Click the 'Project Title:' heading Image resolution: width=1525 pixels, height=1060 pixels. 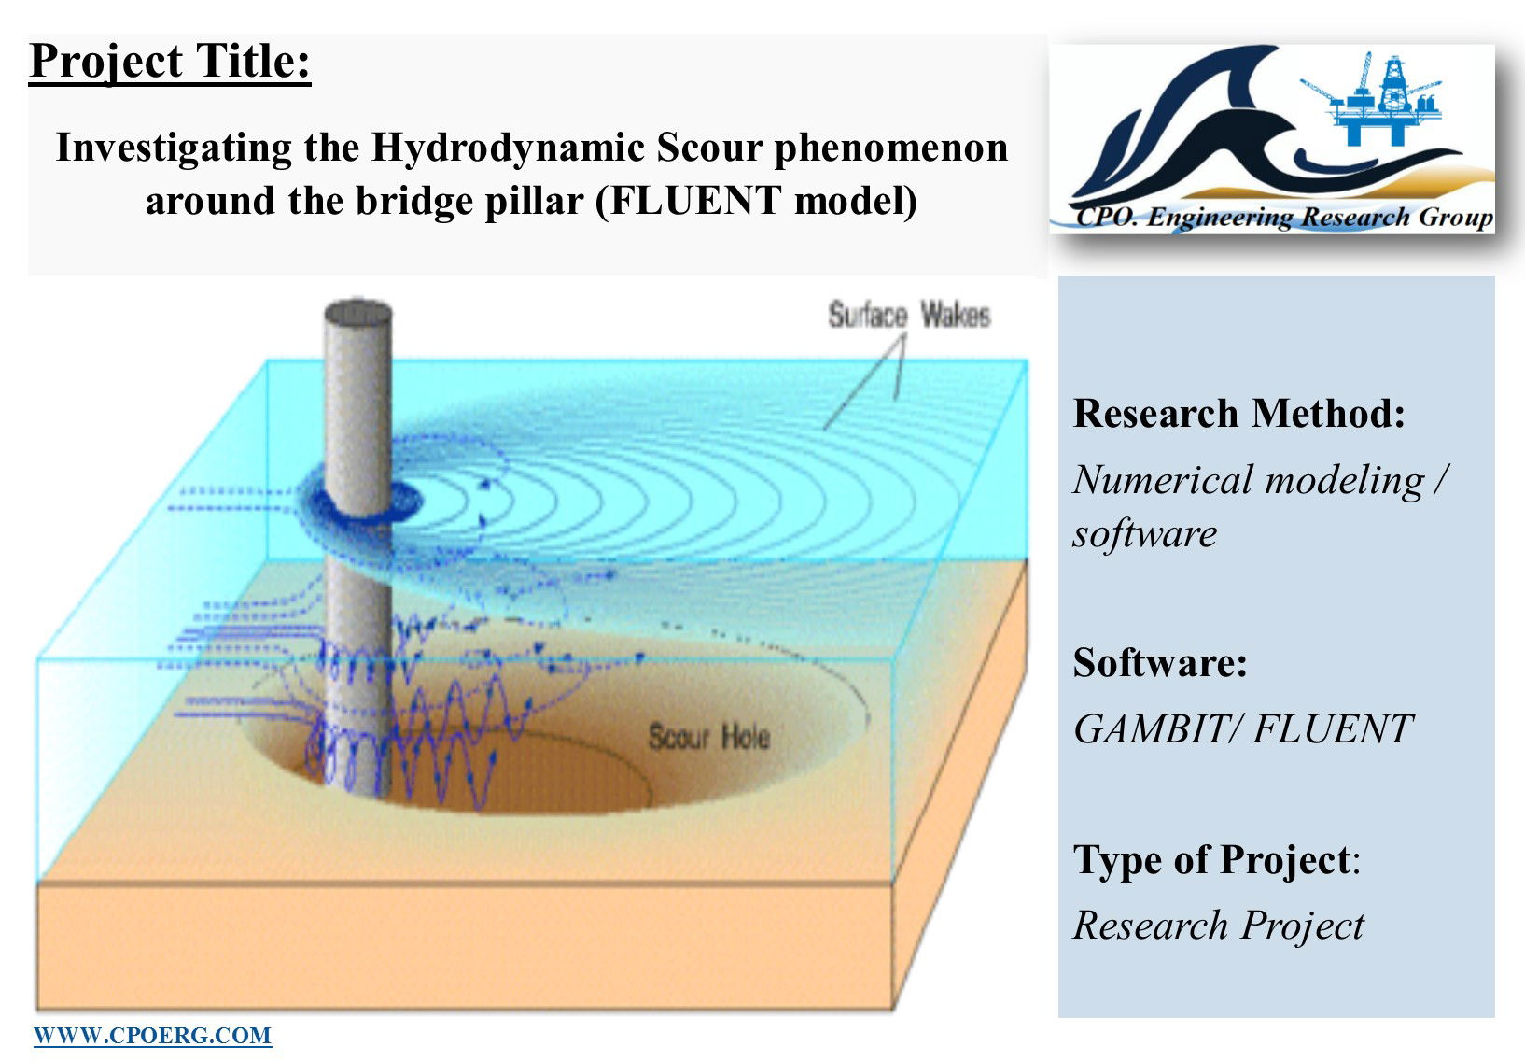[x=170, y=63]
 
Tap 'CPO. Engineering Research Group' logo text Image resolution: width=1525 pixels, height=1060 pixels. [x=1284, y=217]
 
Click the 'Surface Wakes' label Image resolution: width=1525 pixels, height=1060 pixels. [x=909, y=316]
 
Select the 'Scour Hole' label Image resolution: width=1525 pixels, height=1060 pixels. [x=708, y=737]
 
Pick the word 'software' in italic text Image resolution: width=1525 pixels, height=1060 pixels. [x=1145, y=533]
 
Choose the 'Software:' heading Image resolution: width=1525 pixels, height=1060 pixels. [x=1160, y=662]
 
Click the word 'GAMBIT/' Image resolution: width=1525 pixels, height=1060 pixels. [x=1156, y=728]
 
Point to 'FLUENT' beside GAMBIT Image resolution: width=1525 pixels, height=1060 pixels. [x=1333, y=728]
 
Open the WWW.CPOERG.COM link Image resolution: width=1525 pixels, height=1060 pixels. [x=152, y=1036]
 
